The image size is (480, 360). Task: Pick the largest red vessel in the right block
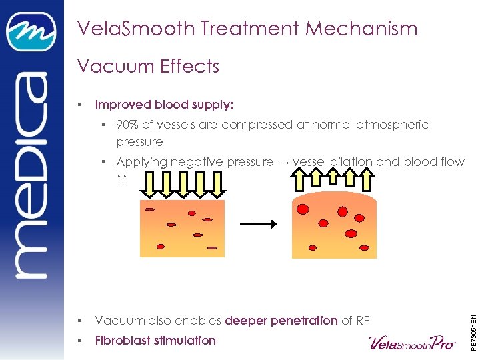303,209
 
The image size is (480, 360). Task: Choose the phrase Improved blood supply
164,105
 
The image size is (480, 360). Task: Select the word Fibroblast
127,341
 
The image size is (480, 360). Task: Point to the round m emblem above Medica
31,31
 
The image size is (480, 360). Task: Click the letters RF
363,321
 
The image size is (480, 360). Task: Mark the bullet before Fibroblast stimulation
79,341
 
